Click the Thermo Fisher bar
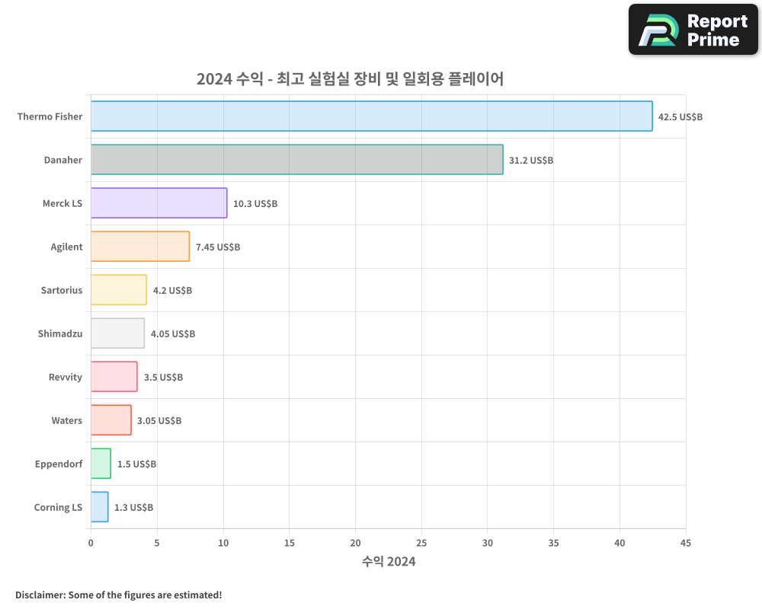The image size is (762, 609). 371,116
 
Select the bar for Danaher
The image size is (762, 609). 296,160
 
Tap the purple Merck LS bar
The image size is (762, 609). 158,203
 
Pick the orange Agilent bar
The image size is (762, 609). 139,247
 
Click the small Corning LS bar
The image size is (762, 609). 99,507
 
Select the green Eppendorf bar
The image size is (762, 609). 101,464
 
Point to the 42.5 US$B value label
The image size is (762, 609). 680,117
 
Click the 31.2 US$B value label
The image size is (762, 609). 531,161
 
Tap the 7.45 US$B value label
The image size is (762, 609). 218,247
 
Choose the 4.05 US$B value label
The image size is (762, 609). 173,334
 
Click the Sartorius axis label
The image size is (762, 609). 62,290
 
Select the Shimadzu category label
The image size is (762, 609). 60,333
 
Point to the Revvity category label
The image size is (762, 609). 65,377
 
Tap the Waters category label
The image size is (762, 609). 67,420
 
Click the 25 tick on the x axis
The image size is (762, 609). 421,543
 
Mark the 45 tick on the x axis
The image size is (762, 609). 686,543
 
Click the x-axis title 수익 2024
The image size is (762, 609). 389,562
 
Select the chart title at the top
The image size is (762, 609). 350,79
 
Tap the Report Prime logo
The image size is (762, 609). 693,30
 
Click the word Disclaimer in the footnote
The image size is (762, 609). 40,595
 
